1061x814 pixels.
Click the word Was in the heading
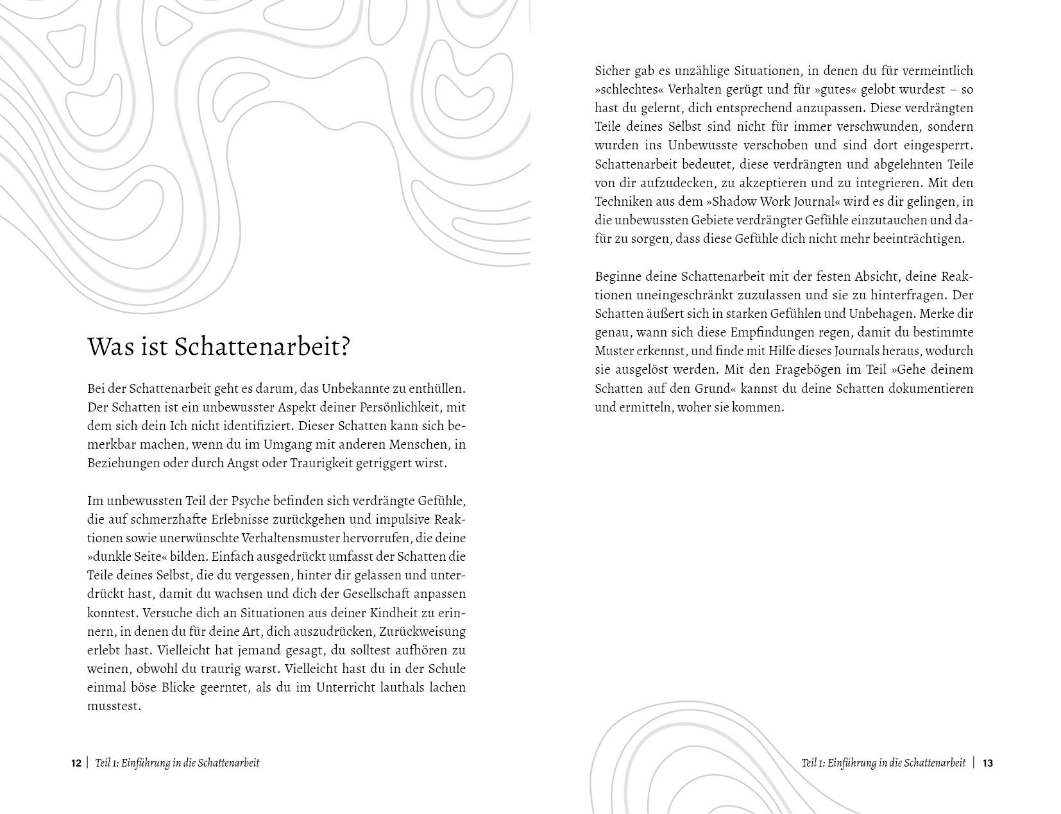click(x=108, y=347)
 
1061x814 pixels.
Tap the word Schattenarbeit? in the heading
click(x=263, y=347)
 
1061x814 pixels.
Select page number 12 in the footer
click(x=76, y=763)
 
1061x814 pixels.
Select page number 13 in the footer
click(x=987, y=763)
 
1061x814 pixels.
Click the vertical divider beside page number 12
click(x=87, y=763)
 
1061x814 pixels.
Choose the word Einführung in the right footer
click(x=851, y=763)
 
